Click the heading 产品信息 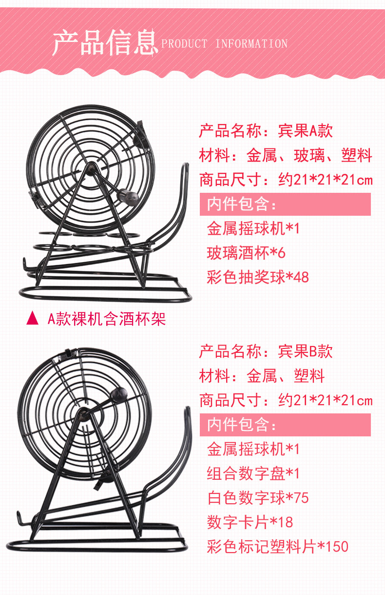click(x=105, y=42)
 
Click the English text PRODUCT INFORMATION click(x=225, y=44)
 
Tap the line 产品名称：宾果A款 click(x=266, y=131)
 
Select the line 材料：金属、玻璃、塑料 click(x=286, y=155)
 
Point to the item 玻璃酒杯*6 click(x=246, y=253)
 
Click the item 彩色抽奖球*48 click(x=258, y=277)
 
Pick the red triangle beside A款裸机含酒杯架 click(x=32, y=318)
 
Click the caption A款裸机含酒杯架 click(x=107, y=319)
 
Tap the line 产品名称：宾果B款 click(x=266, y=351)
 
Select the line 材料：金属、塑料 click(x=262, y=376)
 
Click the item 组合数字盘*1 click(x=253, y=473)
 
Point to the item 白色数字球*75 click(x=258, y=498)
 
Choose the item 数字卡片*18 click(x=250, y=522)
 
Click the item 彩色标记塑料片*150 click(x=277, y=546)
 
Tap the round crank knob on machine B click(x=118, y=394)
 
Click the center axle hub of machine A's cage click(x=92, y=168)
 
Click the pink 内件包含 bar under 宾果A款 click(x=285, y=204)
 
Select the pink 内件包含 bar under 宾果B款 click(x=285, y=425)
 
